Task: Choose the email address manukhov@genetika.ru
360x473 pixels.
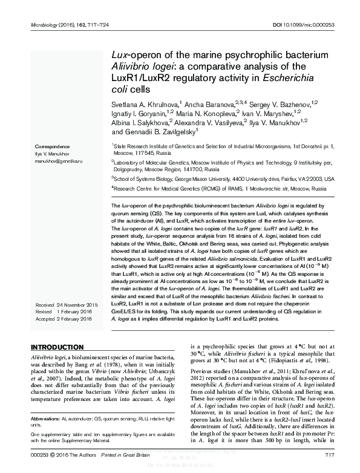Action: (x=59, y=162)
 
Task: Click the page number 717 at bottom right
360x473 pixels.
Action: (x=330, y=455)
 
